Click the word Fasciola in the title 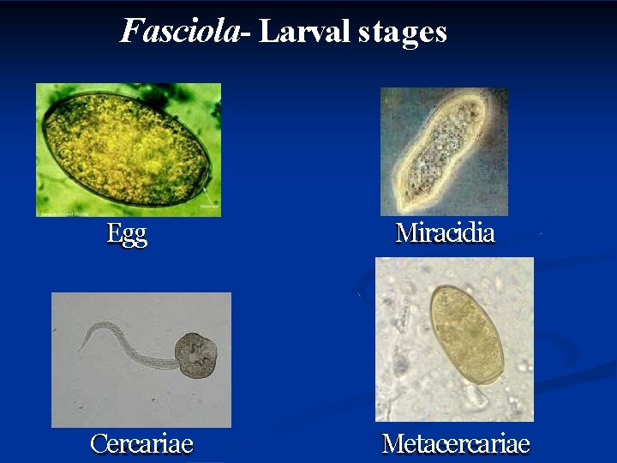click(x=179, y=32)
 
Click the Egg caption click(x=127, y=234)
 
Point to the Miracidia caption click(x=445, y=232)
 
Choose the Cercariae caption click(x=142, y=443)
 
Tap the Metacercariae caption click(x=455, y=443)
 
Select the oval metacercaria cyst click(x=466, y=334)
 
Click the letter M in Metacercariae click(x=393, y=443)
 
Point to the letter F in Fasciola click(x=131, y=31)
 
